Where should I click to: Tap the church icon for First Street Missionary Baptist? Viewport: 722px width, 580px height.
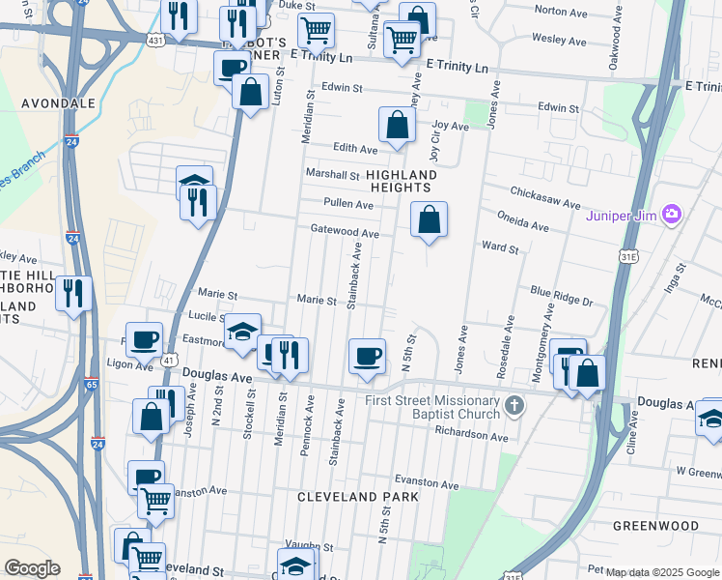pos(514,405)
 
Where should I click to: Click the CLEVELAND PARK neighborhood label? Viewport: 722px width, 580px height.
pos(357,497)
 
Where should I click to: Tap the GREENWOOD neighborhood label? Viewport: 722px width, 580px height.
pos(655,526)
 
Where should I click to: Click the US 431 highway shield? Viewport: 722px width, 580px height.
pos(155,42)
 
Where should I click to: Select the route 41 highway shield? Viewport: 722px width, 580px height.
pos(169,360)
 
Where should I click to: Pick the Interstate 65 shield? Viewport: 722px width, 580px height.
pos(91,384)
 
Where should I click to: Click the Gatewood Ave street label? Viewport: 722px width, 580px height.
pos(345,233)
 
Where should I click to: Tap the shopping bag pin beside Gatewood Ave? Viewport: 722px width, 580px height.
pos(430,219)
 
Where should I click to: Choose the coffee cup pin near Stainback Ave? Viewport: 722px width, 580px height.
pos(367,356)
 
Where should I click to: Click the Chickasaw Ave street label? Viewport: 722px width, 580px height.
pos(546,205)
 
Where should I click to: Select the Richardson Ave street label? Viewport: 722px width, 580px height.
pos(472,437)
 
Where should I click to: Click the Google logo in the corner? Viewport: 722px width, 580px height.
pos(32,568)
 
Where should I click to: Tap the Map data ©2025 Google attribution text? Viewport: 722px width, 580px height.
pos(662,572)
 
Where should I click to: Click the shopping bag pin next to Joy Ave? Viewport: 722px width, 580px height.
pos(397,125)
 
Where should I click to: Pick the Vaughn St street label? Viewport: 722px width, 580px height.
pos(310,547)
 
